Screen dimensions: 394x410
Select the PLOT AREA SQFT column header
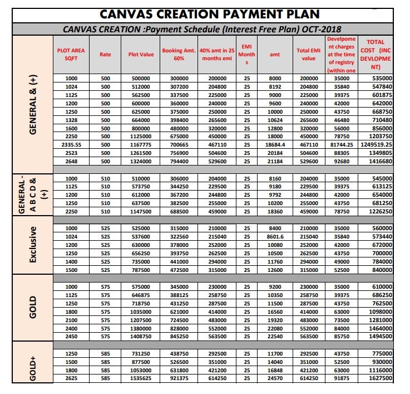(71, 54)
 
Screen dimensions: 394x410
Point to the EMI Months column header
(247, 54)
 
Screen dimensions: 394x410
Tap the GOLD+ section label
(32, 368)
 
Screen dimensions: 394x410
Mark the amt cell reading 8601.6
(275, 236)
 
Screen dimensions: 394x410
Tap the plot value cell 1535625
(141, 378)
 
